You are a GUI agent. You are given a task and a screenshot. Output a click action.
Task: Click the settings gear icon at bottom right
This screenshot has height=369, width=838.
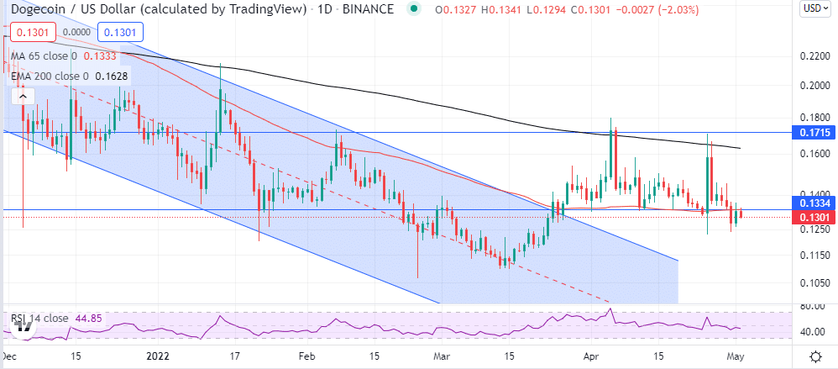(x=814, y=356)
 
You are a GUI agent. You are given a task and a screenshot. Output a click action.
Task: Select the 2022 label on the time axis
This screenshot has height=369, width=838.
(x=157, y=356)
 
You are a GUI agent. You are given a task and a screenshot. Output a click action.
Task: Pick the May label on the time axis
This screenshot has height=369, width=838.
(x=736, y=356)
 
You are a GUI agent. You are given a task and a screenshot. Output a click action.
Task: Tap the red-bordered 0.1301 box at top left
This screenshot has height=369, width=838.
(x=31, y=33)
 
